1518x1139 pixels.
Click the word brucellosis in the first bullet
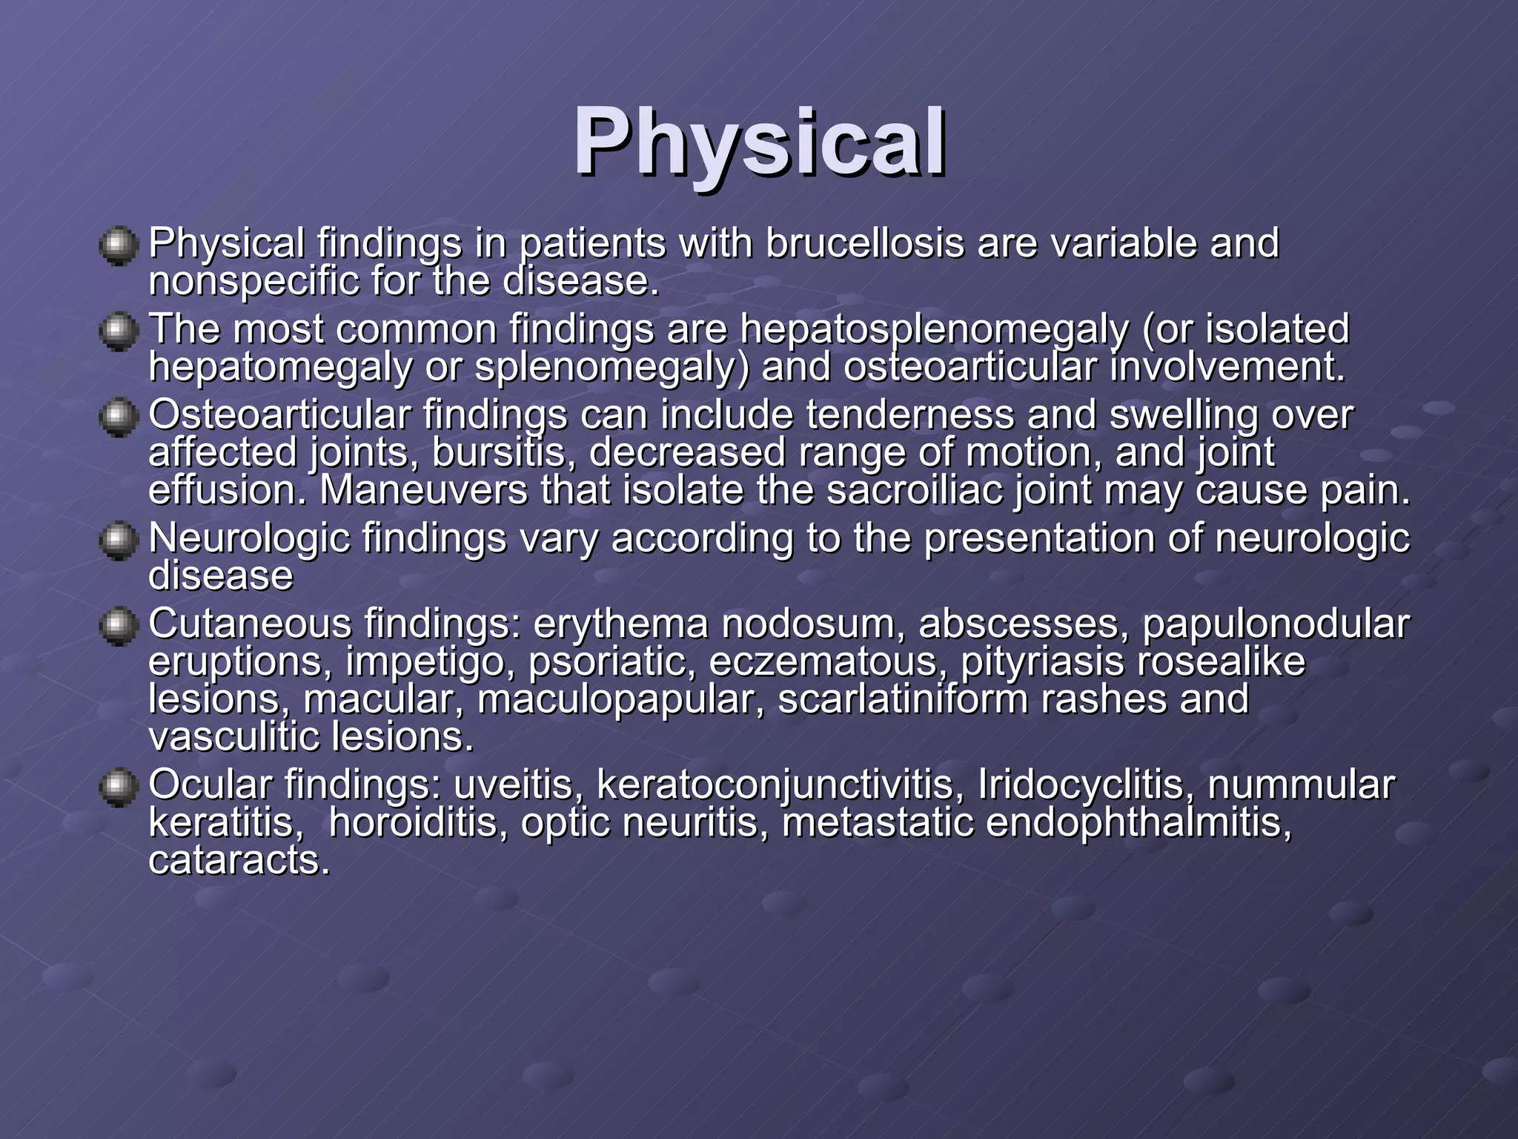pos(864,243)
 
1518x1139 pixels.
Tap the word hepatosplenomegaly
pos(934,330)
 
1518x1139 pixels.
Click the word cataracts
pos(239,861)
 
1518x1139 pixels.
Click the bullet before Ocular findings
pos(119,787)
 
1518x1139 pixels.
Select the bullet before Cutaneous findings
pos(119,626)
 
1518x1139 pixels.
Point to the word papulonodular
pos(1275,624)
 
